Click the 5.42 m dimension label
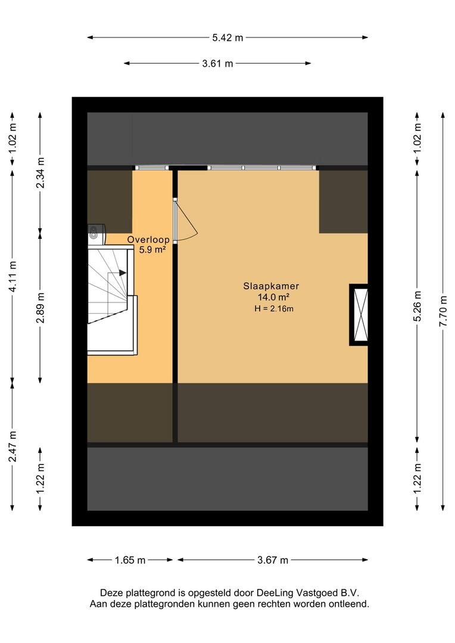[x=227, y=38]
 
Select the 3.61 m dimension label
[x=217, y=64]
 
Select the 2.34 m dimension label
[x=40, y=173]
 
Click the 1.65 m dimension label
[x=130, y=560]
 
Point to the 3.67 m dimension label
[x=272, y=560]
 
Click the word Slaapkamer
[x=271, y=286]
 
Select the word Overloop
[x=148, y=240]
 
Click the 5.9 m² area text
[x=152, y=250]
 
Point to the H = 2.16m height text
[x=274, y=308]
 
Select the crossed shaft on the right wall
[x=359, y=314]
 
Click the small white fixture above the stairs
[x=96, y=232]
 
